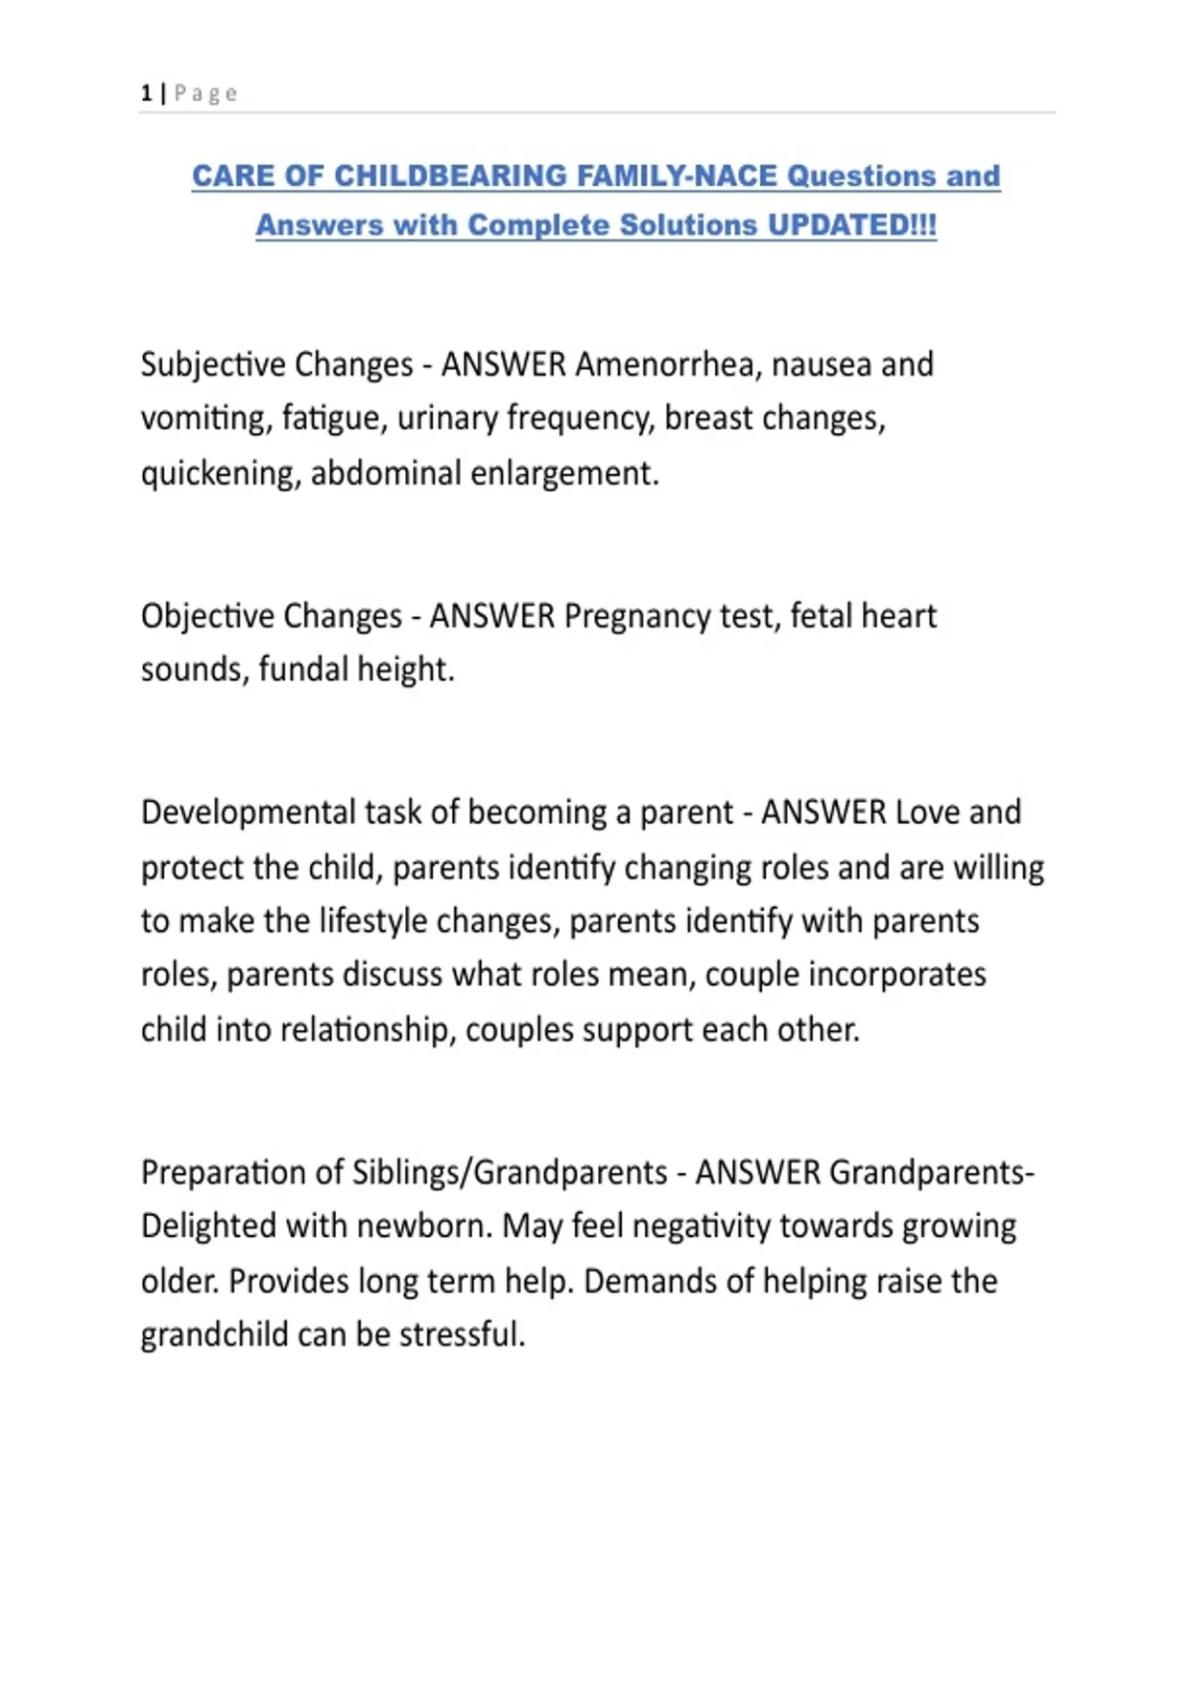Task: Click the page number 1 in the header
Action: click(x=146, y=93)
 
